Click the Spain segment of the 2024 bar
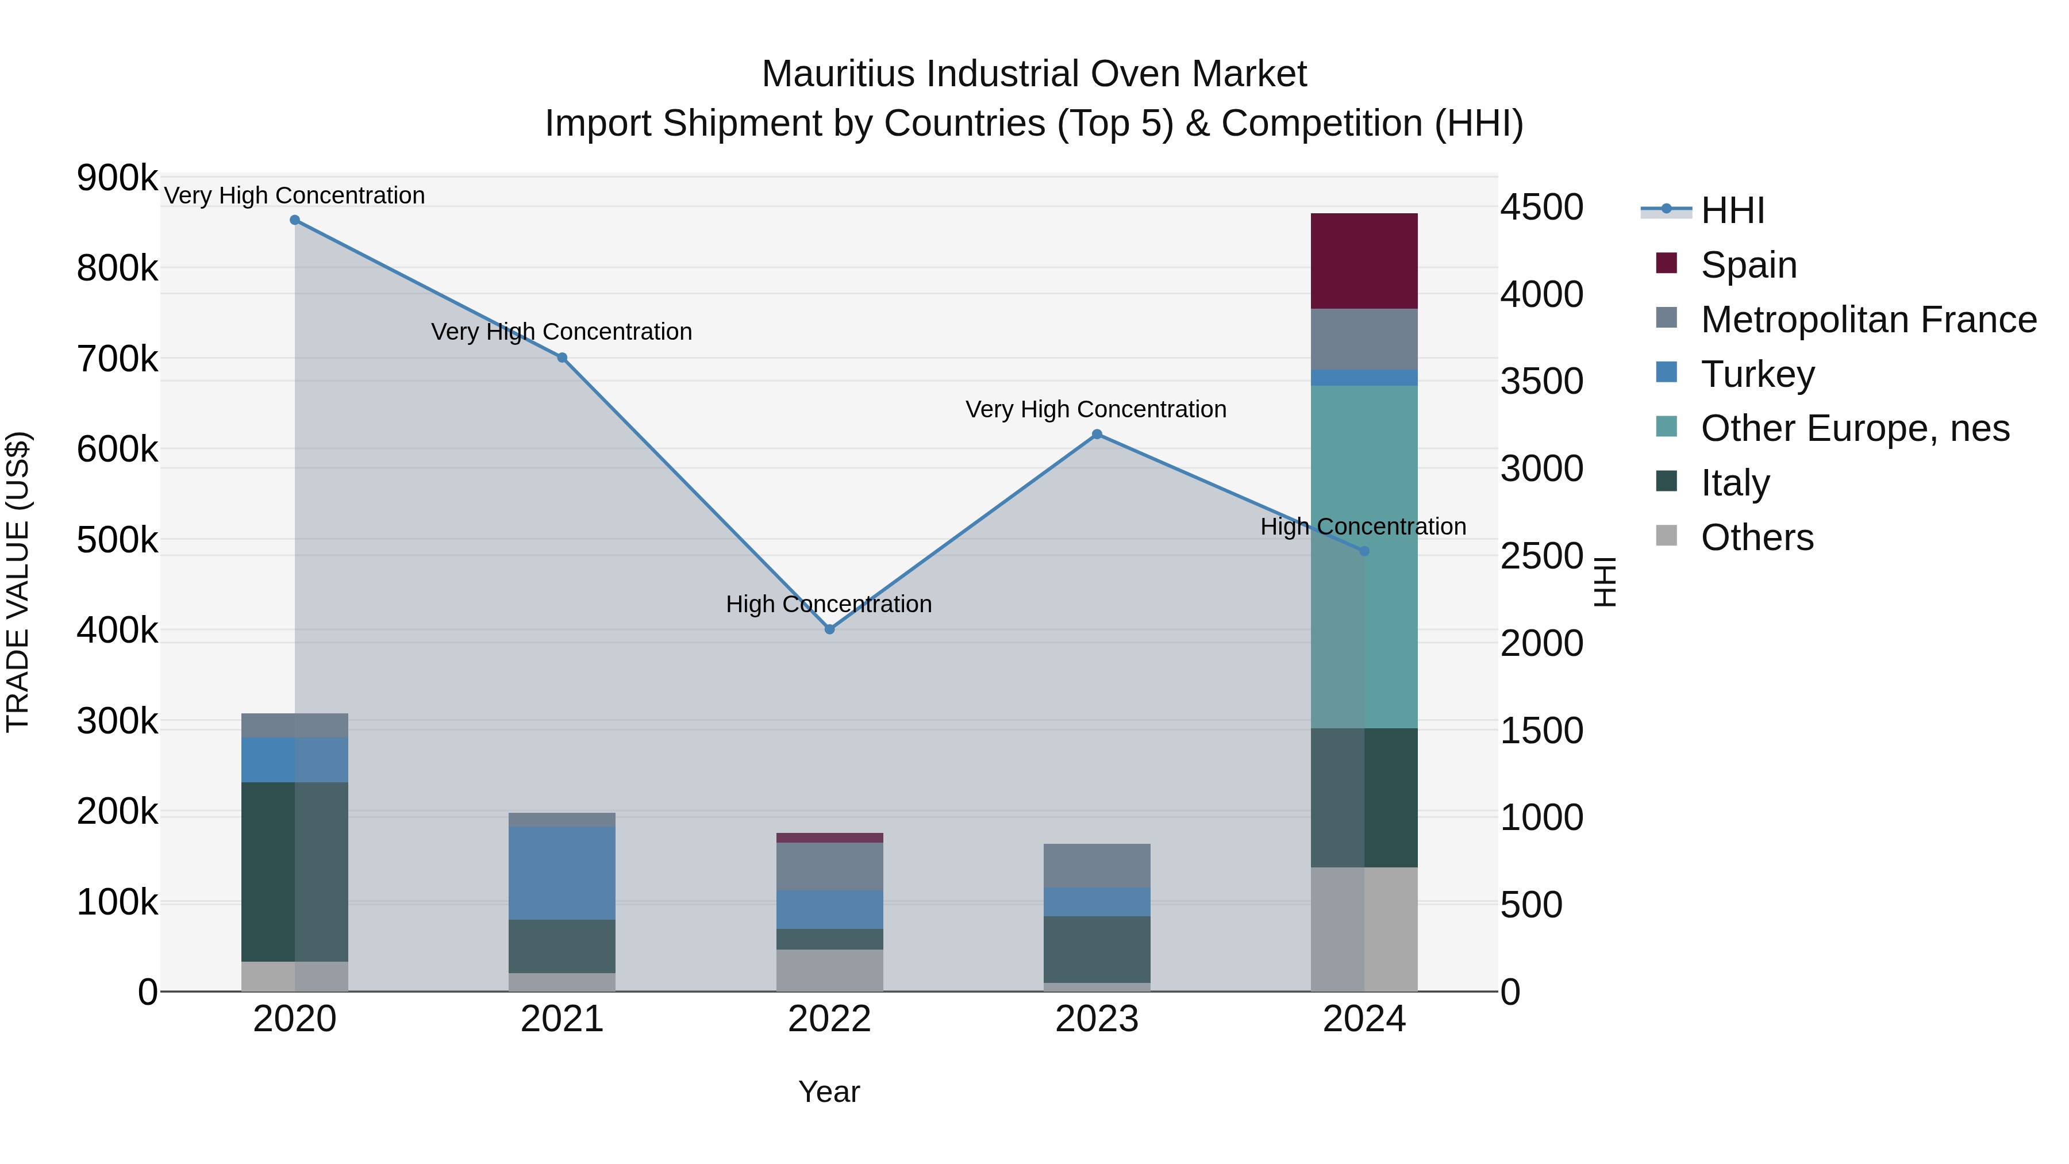click(x=1363, y=260)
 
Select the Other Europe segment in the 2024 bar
click(x=1363, y=556)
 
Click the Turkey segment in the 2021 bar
click(x=562, y=873)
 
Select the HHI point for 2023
click(x=1097, y=435)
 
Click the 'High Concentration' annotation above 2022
click(x=828, y=604)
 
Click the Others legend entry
click(x=1756, y=537)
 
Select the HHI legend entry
click(x=1732, y=210)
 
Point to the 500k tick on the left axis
click(x=117, y=540)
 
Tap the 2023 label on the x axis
click(x=1097, y=1019)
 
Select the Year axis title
click(x=828, y=1092)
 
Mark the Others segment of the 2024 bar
click(x=1363, y=929)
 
